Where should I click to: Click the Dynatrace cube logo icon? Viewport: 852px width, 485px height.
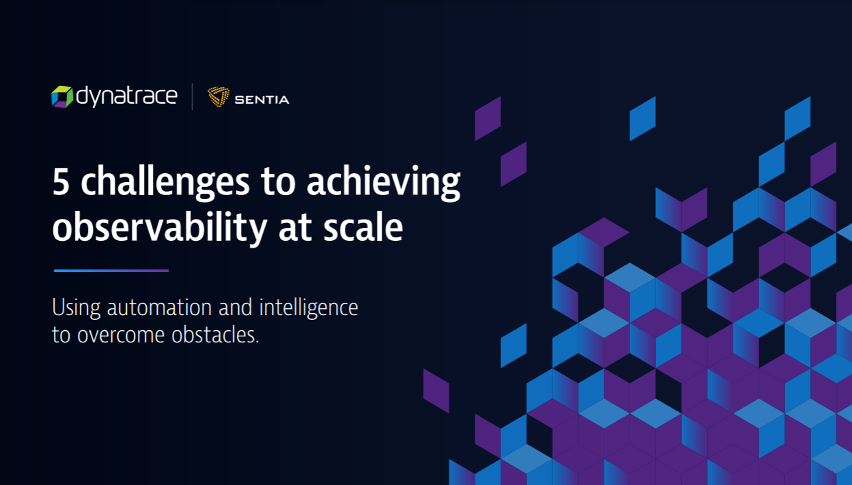62,97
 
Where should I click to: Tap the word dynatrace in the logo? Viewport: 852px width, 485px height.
126,97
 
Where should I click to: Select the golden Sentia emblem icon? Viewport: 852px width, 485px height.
218,98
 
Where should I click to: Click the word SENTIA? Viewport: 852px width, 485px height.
261,100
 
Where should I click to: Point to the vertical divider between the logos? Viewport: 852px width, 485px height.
192,97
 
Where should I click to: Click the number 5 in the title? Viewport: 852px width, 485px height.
61,183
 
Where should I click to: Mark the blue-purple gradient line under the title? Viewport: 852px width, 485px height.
111,271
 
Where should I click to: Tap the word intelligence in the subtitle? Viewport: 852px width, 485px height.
309,308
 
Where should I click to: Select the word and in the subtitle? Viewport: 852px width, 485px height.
236,308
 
